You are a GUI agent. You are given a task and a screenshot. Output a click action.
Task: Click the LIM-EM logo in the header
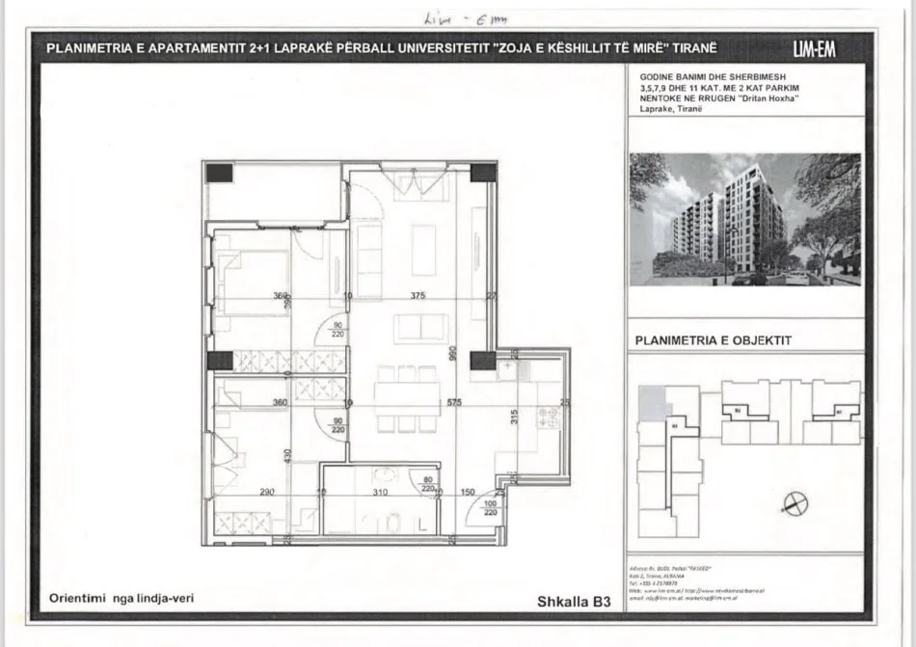(x=814, y=49)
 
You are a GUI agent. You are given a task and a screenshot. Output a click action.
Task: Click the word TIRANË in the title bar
(x=691, y=48)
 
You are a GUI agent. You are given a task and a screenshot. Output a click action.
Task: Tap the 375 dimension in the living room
(x=417, y=296)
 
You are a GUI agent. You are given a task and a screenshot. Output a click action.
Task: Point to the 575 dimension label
(x=450, y=402)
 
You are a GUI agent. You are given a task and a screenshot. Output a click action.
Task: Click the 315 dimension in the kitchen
(x=514, y=418)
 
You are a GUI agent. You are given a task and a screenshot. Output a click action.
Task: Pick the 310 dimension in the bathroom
(x=380, y=493)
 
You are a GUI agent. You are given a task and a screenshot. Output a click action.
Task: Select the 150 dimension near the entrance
(x=468, y=493)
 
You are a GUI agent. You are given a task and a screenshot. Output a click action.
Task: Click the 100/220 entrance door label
(x=490, y=508)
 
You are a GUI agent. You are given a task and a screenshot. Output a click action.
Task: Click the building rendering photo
(x=744, y=220)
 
